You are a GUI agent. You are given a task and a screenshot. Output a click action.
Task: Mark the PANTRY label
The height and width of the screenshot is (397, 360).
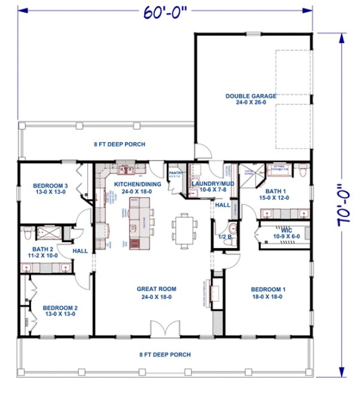[x=176, y=173]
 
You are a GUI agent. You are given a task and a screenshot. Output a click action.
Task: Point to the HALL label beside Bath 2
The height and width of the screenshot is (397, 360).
[x=80, y=251]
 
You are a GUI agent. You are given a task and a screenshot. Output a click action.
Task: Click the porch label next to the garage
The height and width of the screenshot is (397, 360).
[x=119, y=144]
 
